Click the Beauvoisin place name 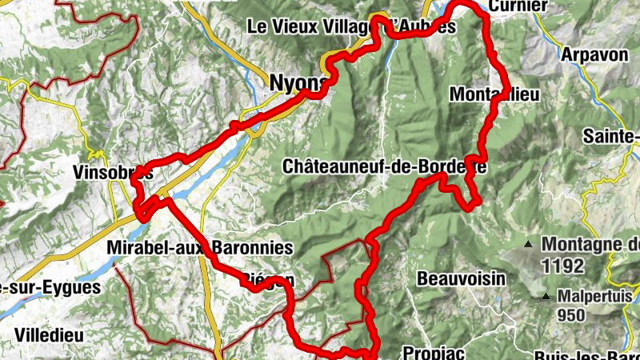point(462,278)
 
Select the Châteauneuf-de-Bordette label point(384,166)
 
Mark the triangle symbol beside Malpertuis point(546,297)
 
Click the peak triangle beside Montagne point(529,243)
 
